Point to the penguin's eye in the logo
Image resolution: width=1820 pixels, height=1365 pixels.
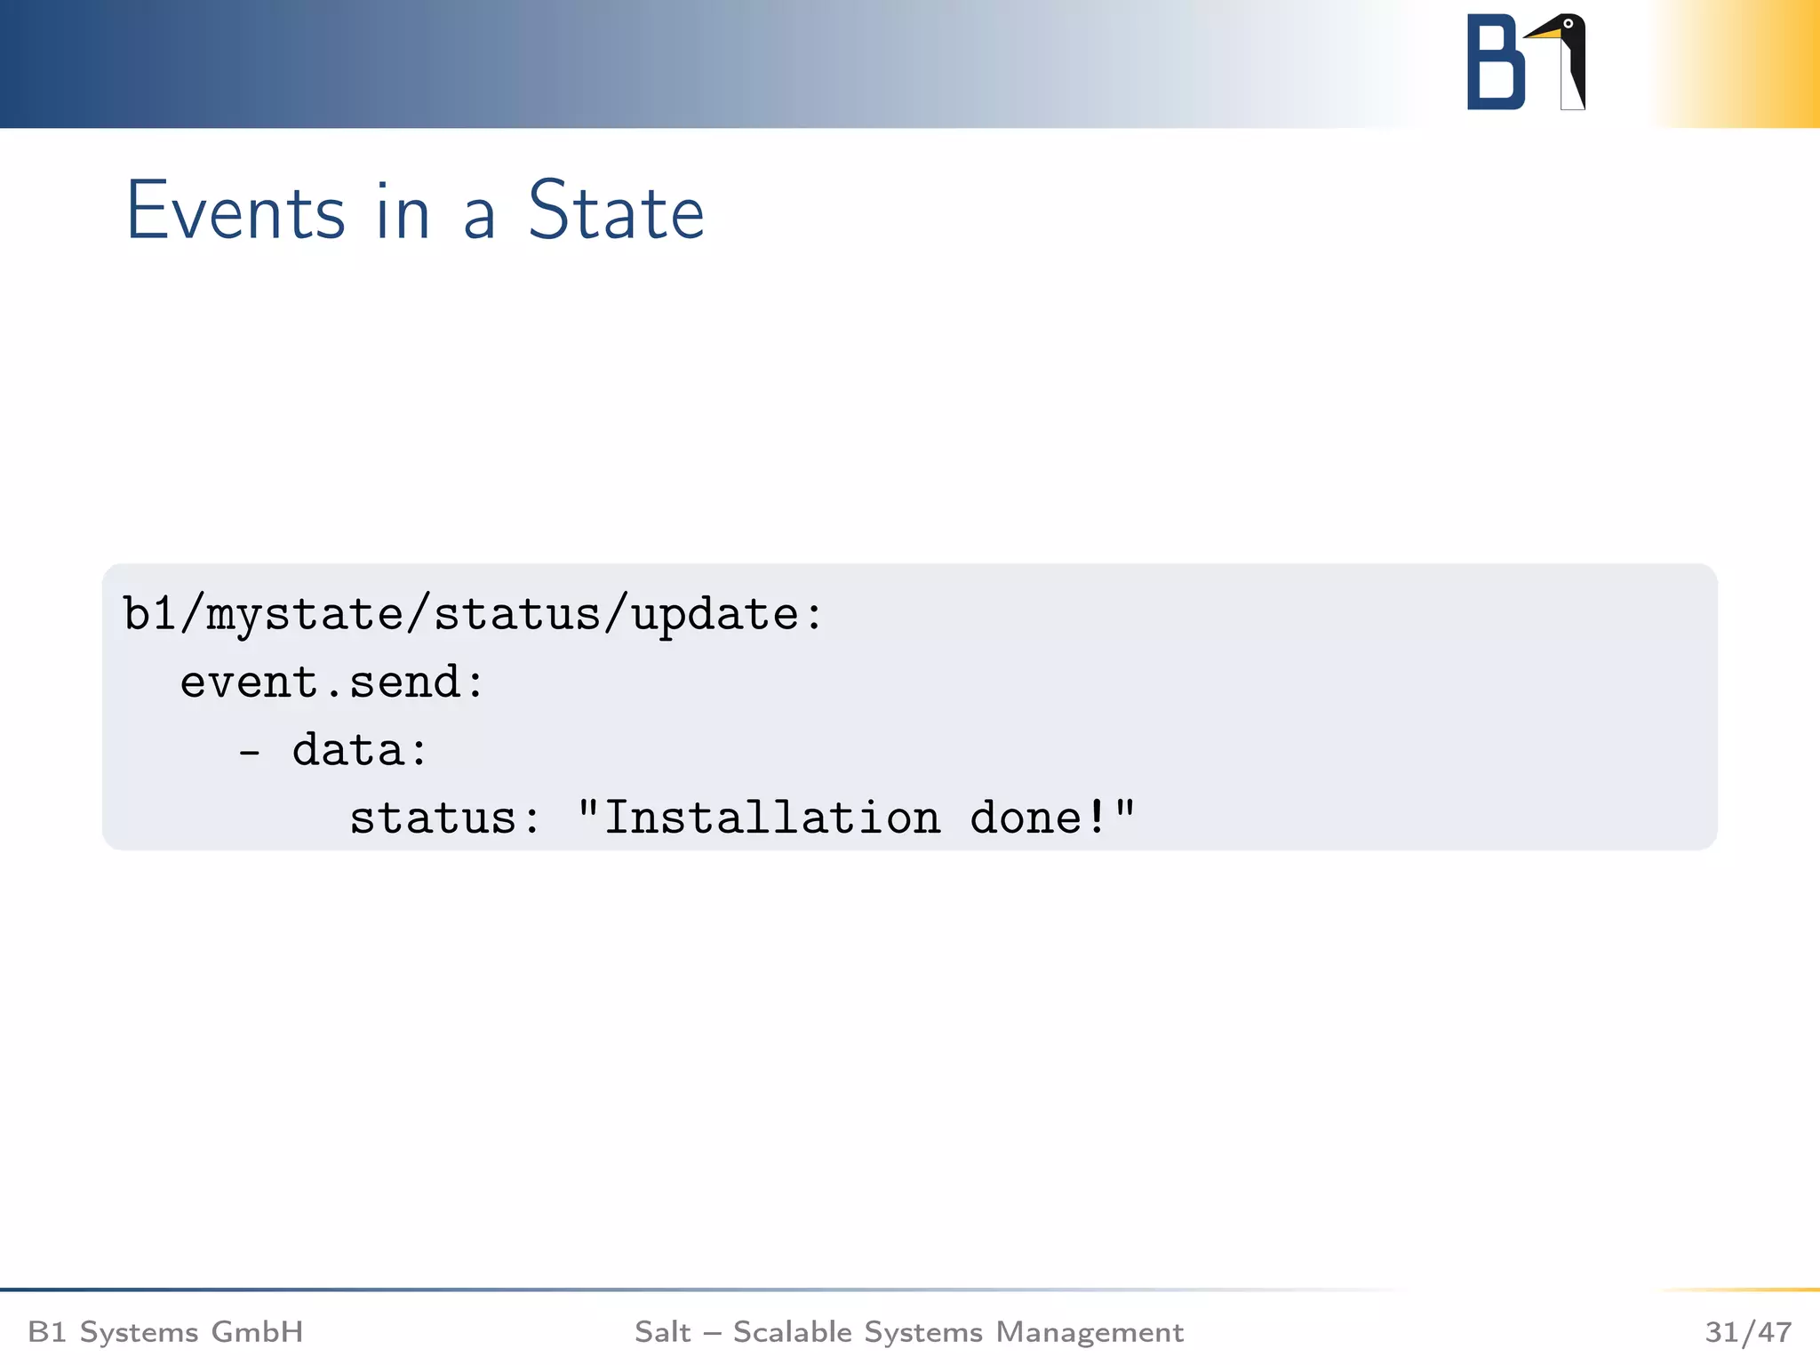coord(1569,24)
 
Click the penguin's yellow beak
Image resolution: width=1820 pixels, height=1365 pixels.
coord(1544,34)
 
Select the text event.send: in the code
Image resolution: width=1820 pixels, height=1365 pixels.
coord(332,682)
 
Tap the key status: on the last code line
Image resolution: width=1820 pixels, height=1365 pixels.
coord(444,818)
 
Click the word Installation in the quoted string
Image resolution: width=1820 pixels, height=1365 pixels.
coord(772,818)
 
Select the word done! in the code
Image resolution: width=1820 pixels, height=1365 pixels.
coord(1038,818)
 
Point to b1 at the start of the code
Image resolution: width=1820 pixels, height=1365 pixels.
coord(148,614)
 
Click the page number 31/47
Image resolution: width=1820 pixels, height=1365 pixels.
coord(1747,1332)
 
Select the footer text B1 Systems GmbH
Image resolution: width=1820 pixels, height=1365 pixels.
coord(165,1332)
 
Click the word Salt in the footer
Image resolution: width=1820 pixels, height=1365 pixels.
coord(662,1332)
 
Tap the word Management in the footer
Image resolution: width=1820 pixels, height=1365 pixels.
coord(1090,1332)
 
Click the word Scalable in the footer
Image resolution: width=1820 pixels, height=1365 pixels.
coord(793,1332)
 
